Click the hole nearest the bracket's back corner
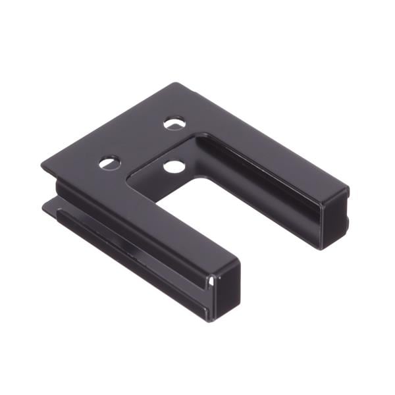[174, 123]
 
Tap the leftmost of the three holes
[110, 162]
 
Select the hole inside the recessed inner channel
[174, 166]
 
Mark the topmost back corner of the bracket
[176, 83]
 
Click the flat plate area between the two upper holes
[142, 142]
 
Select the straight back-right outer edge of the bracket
[263, 135]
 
